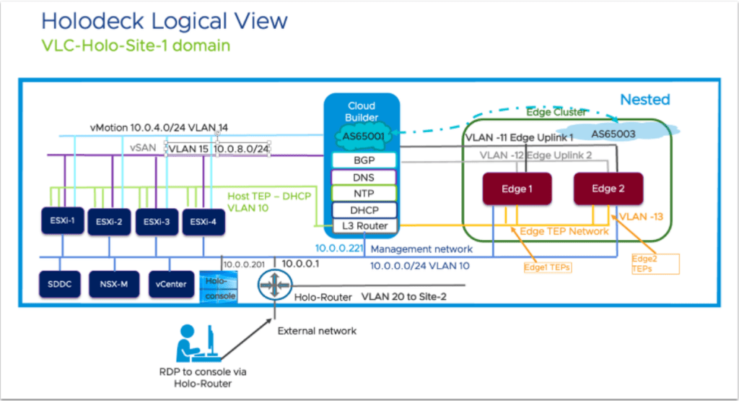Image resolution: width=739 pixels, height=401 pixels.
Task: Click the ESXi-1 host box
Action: point(63,220)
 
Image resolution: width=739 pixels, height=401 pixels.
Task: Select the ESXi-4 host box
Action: point(204,222)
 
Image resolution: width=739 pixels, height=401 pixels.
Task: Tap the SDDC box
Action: point(60,284)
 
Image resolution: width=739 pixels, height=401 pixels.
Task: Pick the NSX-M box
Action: point(114,284)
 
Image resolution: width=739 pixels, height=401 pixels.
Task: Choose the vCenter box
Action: point(171,284)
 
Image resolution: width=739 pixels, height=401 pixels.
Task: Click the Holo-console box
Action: point(219,287)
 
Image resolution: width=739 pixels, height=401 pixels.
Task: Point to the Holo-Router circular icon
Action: point(275,285)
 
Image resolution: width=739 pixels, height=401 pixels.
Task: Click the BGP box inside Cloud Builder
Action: point(364,160)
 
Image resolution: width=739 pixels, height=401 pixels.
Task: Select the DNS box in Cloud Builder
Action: point(364,178)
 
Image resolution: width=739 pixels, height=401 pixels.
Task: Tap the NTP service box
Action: point(364,194)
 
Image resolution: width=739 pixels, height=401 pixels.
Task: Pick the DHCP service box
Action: point(364,210)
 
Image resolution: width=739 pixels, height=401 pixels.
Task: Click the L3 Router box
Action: point(364,226)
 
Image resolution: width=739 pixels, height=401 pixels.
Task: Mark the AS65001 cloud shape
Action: point(364,137)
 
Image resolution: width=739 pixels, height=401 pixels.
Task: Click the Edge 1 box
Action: point(517,189)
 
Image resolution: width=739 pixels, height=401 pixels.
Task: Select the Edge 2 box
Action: point(608,189)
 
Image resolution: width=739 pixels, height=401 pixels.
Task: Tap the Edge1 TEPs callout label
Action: point(548,267)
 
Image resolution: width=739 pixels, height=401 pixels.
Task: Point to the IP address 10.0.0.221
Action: point(339,248)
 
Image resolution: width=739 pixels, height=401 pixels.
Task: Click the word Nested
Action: point(644,100)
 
